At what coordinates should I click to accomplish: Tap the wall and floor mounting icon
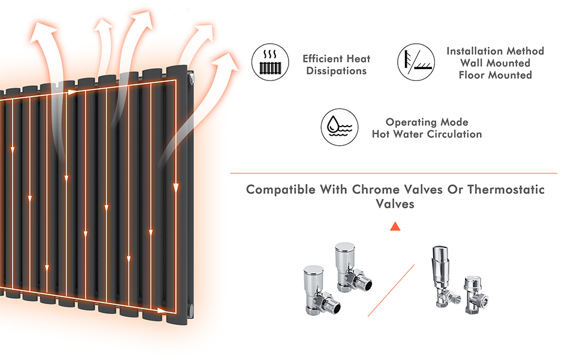415,61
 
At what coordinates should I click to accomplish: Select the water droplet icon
340,127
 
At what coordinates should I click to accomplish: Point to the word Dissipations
337,71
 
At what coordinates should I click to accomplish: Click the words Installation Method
495,51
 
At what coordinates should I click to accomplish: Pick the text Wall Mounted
495,63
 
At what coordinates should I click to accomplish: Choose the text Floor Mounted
495,75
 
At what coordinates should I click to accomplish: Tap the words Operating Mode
427,122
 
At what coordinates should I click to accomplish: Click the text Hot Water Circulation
427,134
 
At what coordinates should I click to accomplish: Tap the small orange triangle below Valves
395,226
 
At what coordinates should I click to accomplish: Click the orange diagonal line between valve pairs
391,291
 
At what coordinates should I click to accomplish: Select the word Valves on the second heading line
395,204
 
